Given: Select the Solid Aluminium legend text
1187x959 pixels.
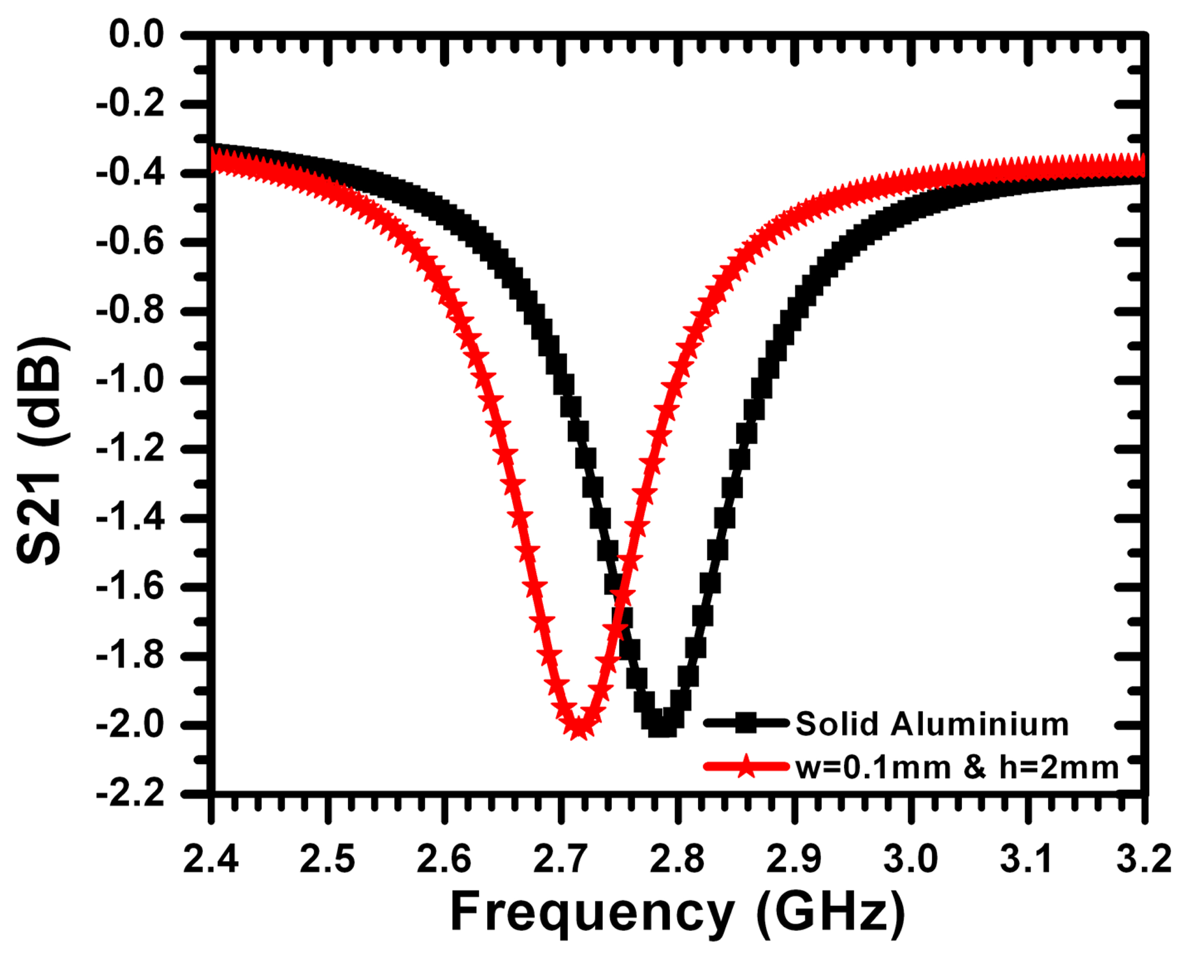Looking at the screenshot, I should coord(932,724).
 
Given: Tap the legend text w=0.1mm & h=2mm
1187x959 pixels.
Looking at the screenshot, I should coord(957,767).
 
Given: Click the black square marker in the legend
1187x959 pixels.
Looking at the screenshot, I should coord(746,724).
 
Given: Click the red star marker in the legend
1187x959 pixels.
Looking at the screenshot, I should coord(746,766).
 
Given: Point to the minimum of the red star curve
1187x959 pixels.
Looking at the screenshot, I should coord(578,728).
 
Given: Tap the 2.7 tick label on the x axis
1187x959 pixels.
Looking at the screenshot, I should coord(560,859).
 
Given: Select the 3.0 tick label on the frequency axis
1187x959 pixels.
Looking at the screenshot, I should coord(911,859).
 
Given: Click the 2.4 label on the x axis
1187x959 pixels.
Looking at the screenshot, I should coord(211,859).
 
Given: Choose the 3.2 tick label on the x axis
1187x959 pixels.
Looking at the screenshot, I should coord(1143,859).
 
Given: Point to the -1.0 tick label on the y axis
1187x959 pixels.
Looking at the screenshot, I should coord(130,381).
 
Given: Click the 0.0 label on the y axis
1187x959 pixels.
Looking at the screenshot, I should coord(137,35).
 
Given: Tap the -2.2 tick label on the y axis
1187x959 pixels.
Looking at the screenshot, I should coord(130,794).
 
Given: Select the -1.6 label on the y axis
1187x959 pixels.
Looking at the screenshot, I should coord(130,588).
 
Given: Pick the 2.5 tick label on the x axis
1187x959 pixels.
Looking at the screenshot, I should coord(328,859).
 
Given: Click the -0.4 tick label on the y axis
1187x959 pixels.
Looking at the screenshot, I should coord(130,173).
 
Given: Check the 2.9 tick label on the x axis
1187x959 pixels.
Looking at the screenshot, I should coord(794,859).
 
